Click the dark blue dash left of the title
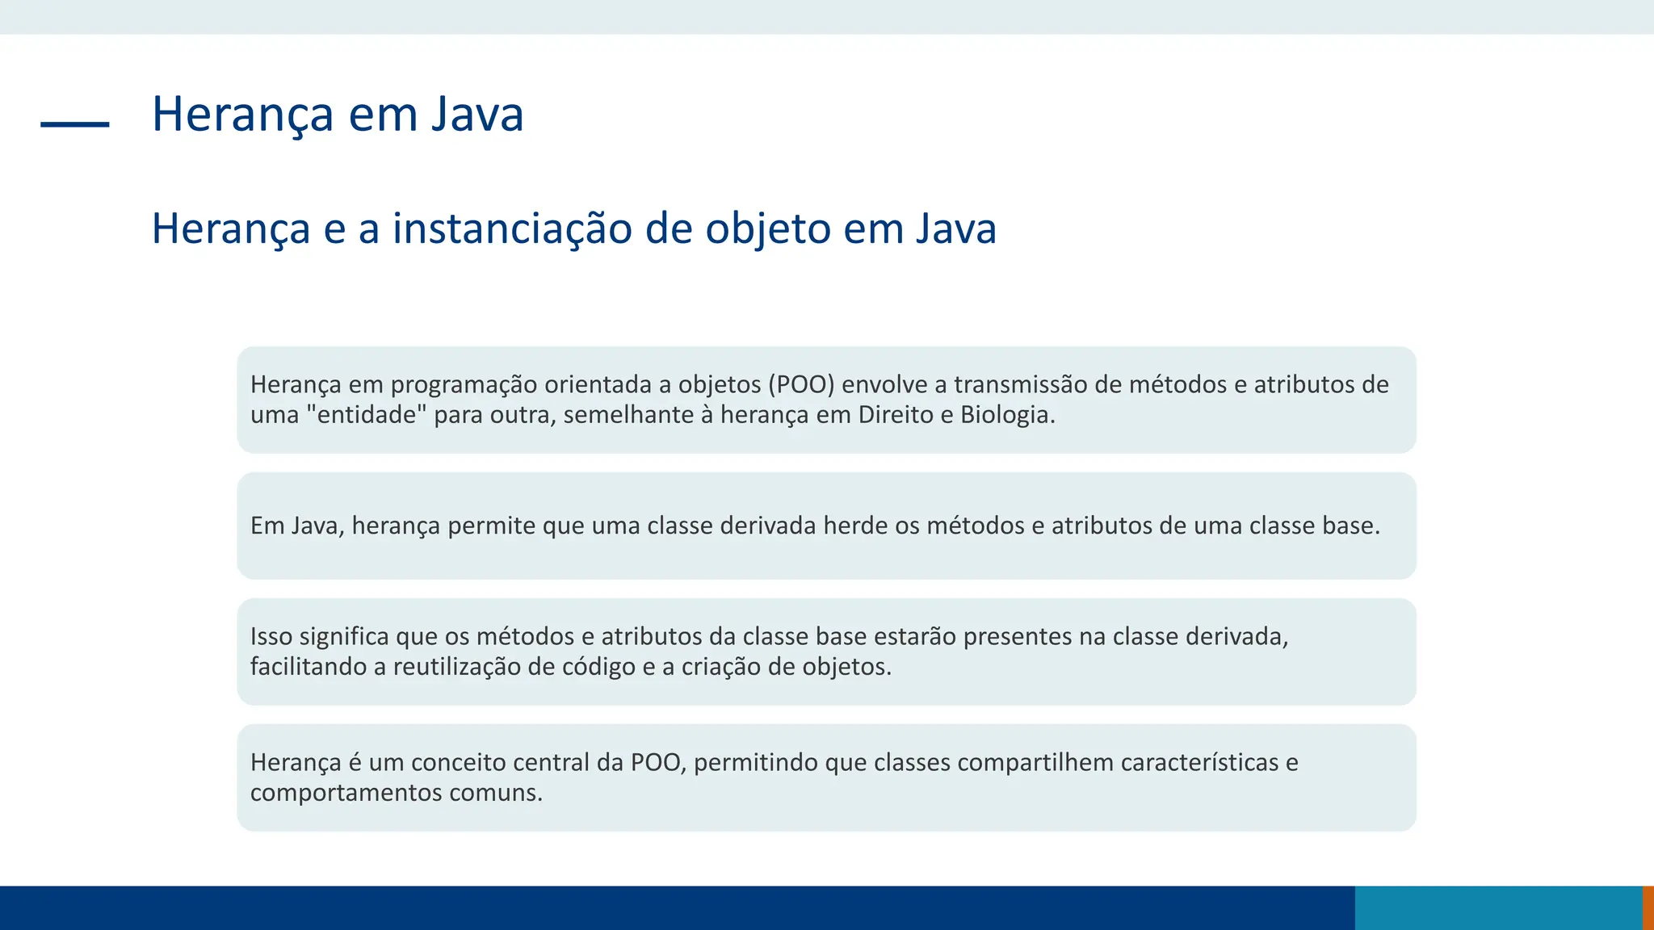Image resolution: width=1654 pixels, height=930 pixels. tap(74, 124)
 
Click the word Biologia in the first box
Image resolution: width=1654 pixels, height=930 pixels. tap(1007, 415)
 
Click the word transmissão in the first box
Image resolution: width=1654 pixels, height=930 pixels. tap(1020, 384)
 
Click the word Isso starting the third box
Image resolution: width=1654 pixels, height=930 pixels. tap(271, 636)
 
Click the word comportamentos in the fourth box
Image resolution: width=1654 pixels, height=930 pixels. tap(346, 793)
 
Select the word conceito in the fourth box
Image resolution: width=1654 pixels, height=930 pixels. tap(458, 762)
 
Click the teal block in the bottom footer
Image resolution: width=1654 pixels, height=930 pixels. tap(1498, 907)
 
